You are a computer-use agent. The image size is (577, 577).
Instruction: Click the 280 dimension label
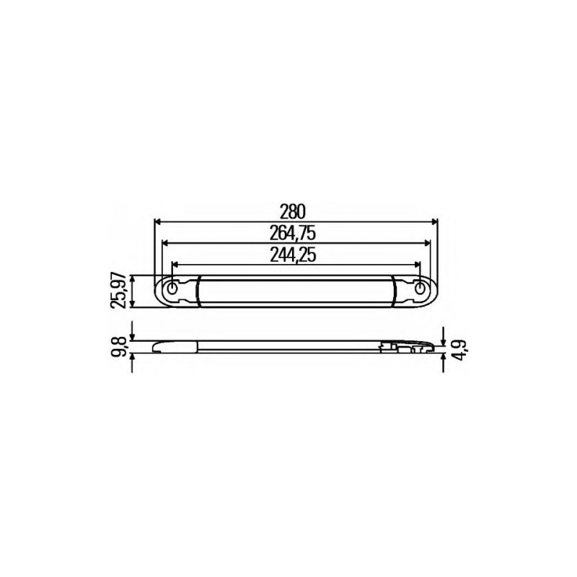pos(293,211)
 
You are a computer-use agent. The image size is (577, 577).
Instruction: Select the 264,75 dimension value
pos(293,232)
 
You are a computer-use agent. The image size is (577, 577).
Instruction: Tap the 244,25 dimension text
pos(293,255)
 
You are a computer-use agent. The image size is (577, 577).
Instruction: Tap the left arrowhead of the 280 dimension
pos(157,221)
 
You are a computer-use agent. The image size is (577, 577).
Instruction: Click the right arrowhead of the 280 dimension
pos(434,221)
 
